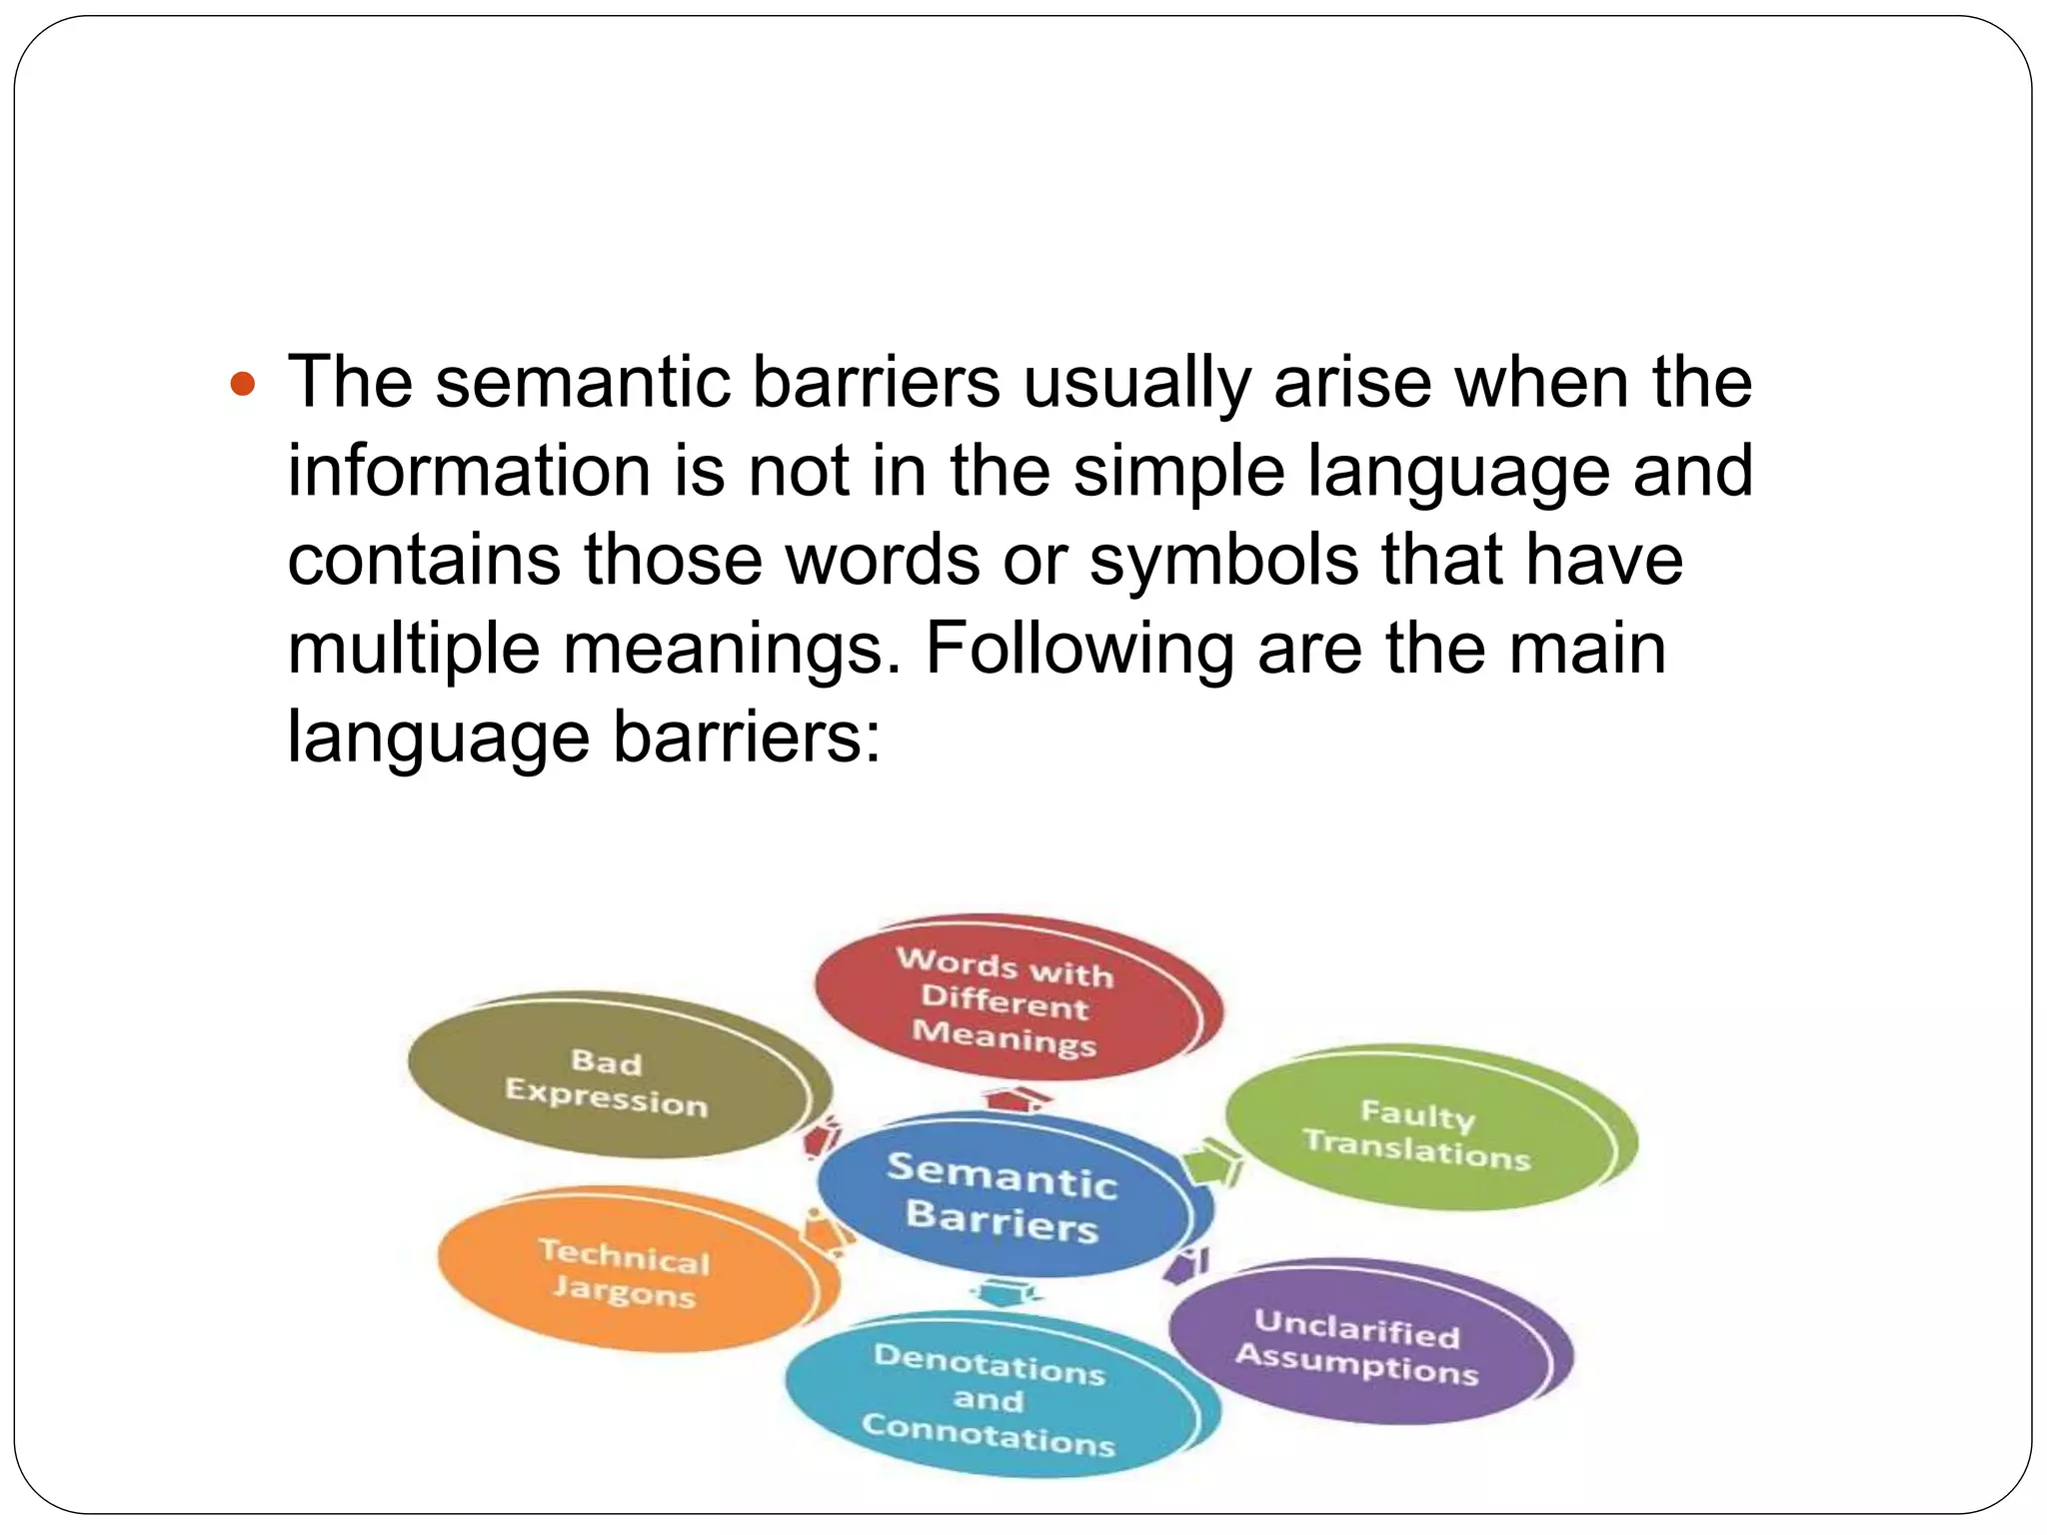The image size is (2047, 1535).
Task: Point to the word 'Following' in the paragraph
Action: (1079, 650)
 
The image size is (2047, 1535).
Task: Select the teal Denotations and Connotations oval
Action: (989, 1399)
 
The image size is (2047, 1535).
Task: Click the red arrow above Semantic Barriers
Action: (1018, 1099)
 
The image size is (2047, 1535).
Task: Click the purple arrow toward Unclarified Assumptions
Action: (1187, 1265)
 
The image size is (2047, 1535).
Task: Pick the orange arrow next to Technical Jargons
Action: (826, 1232)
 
